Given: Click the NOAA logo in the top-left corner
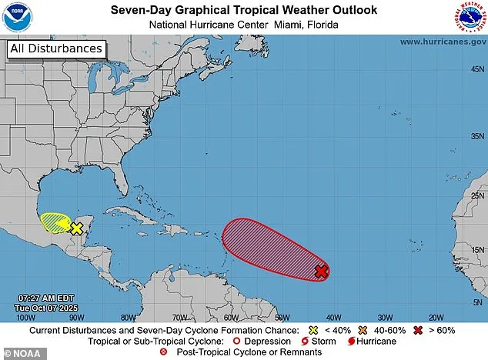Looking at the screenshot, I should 16,17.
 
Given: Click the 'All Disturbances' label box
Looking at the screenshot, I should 55,48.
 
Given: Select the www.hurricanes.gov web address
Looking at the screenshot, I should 441,42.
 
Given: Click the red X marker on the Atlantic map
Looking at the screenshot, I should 322,271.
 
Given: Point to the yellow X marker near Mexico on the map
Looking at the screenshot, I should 77,228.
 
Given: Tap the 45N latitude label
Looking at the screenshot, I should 476,69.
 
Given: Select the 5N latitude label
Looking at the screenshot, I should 476,302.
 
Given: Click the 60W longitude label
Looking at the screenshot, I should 230,316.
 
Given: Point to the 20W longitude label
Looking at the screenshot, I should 436,316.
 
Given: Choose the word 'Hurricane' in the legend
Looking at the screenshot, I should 375,341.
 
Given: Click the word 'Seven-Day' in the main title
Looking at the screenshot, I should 139,9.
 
